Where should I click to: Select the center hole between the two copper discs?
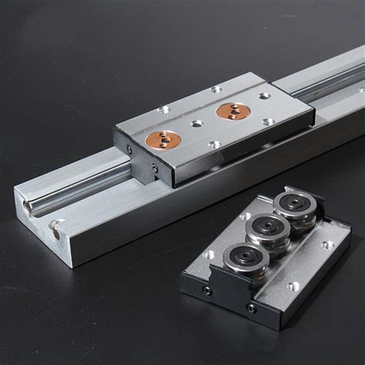(197, 122)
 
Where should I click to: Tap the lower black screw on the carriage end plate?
(155, 167)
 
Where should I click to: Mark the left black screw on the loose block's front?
(206, 290)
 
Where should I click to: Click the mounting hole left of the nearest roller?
(209, 255)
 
